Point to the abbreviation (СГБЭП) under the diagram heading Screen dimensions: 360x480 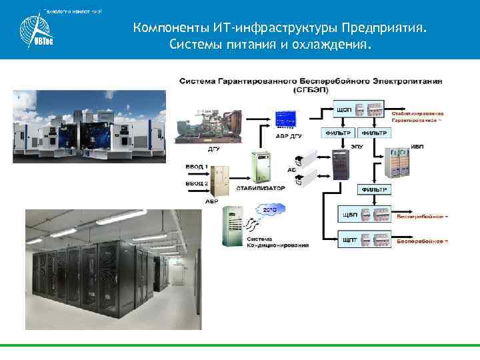(310, 89)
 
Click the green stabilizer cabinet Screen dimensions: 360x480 (263, 167)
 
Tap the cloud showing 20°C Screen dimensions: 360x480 (269, 211)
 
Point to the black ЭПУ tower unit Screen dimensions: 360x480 (341, 163)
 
